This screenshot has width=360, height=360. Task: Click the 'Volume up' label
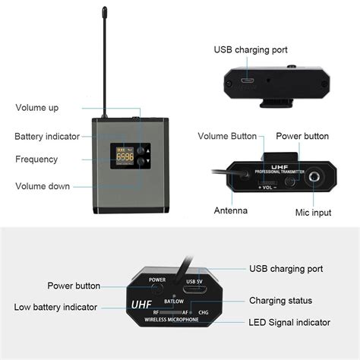coord(36,108)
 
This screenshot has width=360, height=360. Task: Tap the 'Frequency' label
coord(36,159)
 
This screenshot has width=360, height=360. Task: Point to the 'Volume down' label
coord(42,186)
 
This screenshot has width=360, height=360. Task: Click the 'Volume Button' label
coord(226,136)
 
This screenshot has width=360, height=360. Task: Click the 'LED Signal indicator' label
coord(290,323)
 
